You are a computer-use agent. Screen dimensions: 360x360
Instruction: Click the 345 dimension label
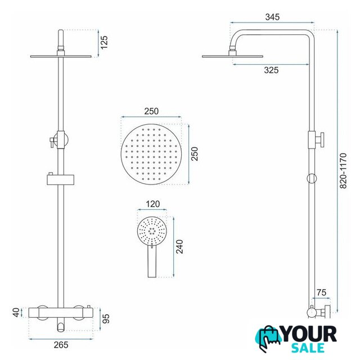pyautogui.click(x=272, y=17)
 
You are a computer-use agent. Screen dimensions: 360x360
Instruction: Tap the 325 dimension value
pyautogui.click(x=271, y=70)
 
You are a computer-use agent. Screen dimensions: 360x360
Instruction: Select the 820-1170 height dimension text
pyautogui.click(x=343, y=170)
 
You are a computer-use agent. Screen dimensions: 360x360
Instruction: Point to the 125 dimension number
pyautogui.click(x=104, y=42)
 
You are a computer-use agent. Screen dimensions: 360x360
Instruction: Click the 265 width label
pyautogui.click(x=61, y=345)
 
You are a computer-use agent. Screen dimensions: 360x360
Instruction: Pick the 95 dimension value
pyautogui.click(x=106, y=319)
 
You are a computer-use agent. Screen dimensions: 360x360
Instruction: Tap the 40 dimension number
pyautogui.click(x=16, y=313)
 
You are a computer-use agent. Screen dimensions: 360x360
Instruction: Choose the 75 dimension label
pyautogui.click(x=321, y=292)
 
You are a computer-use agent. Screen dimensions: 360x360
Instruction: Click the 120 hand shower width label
pyautogui.click(x=152, y=204)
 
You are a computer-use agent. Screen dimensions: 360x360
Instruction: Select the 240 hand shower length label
pyautogui.click(x=179, y=246)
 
